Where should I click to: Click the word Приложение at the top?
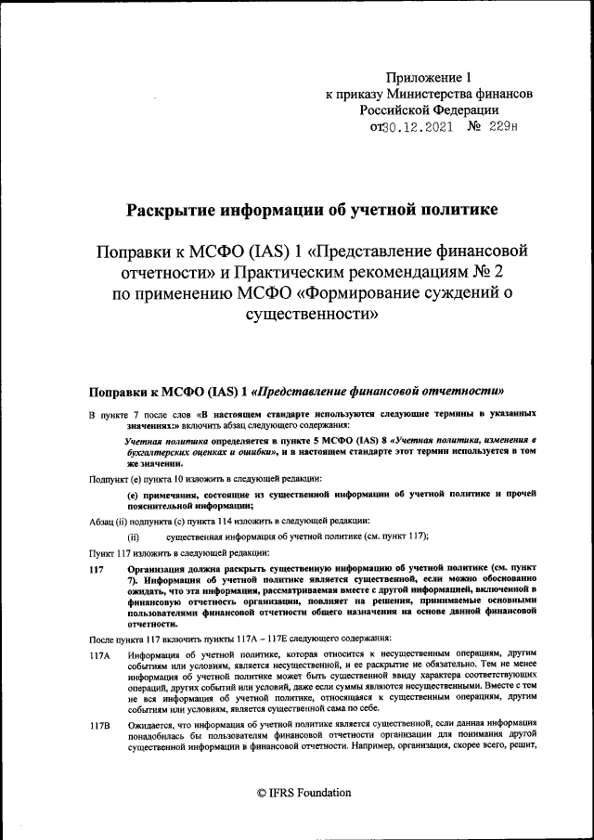pyautogui.click(x=422, y=78)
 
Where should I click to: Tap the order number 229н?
pyautogui.click(x=502, y=127)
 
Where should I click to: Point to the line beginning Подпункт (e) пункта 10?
pyautogui.click(x=204, y=478)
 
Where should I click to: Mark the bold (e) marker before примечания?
pyautogui.click(x=133, y=496)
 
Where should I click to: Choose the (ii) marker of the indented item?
pyautogui.click(x=133, y=536)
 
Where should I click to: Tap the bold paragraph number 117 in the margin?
pyautogui.click(x=97, y=566)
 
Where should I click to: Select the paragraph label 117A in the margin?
pyautogui.click(x=99, y=654)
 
